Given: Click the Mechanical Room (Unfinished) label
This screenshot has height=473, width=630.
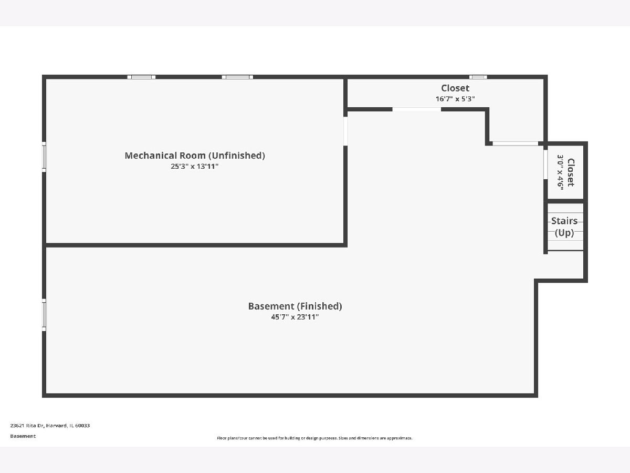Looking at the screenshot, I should [x=195, y=156].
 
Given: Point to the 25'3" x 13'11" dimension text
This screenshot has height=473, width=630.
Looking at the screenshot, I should [x=195, y=167].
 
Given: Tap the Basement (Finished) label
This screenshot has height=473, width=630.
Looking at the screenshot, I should [x=295, y=306].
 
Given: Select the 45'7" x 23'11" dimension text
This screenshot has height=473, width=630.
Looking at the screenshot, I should [x=295, y=317].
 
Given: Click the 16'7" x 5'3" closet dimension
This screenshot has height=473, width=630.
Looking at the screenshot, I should [x=455, y=99].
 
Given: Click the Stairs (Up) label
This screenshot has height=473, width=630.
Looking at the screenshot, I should [x=564, y=227].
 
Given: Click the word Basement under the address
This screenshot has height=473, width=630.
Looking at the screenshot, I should [x=23, y=436].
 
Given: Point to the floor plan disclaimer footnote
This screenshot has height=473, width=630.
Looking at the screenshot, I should [x=315, y=438].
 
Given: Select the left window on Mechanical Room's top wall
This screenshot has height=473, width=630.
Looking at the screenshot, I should [x=141, y=77].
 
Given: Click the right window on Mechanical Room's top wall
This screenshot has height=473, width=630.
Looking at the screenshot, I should [x=237, y=77].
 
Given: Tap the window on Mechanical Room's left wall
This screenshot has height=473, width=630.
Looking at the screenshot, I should [x=44, y=157].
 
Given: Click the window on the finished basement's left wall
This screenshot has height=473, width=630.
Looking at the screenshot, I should [x=44, y=314].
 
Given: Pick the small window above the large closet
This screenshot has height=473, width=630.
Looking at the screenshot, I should [x=478, y=77].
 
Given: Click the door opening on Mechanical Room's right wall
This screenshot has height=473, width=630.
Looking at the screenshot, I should [x=345, y=130].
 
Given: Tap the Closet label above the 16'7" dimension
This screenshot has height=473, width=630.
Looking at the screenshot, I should [x=455, y=88].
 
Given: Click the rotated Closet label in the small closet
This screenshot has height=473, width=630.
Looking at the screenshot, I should [x=571, y=172].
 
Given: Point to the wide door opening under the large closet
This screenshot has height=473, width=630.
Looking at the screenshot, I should [x=417, y=109].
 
